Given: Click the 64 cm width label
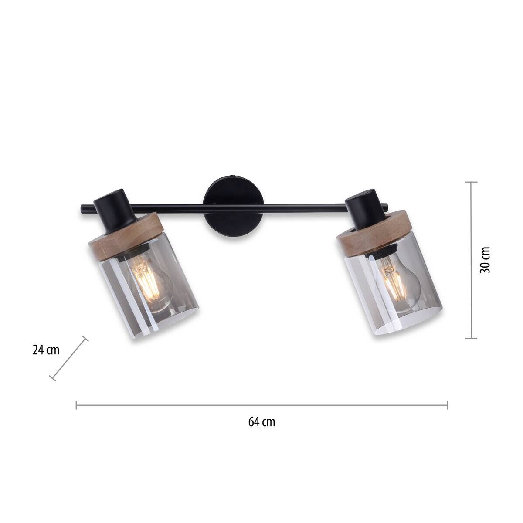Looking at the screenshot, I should point(261,422).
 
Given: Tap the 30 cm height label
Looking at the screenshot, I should point(485,260).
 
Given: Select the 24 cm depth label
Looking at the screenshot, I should point(45,350).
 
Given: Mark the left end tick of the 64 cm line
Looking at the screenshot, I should point(77,405).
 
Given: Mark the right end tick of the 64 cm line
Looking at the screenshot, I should point(447,405).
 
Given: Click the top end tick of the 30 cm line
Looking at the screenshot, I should point(471,182).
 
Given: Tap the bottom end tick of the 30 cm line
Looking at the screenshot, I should point(471,338).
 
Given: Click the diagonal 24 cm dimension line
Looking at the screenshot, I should point(69,358).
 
